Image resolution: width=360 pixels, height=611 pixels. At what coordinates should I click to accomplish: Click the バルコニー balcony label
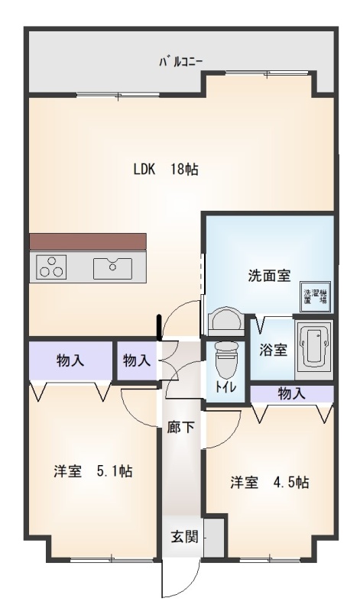[x=180, y=62]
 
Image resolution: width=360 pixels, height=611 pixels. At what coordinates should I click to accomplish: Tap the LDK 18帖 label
[x=166, y=170]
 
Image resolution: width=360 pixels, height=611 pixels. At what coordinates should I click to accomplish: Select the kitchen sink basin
[x=112, y=268]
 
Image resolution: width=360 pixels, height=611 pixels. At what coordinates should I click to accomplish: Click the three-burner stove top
[x=51, y=267]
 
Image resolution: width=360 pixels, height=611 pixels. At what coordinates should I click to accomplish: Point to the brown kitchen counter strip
[x=88, y=241]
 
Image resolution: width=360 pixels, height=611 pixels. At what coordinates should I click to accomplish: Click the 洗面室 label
[x=269, y=276]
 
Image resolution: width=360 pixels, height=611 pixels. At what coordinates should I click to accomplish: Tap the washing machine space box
[x=316, y=296]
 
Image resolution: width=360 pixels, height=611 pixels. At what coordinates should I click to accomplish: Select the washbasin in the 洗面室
[x=225, y=321]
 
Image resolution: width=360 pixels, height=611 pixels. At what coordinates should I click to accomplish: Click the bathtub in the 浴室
[x=313, y=344]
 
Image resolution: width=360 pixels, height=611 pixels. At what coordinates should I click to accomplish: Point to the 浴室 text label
[x=274, y=350]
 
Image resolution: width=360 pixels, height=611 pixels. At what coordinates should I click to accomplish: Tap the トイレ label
[x=224, y=387]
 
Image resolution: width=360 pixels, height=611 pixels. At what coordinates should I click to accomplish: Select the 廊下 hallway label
[x=181, y=428]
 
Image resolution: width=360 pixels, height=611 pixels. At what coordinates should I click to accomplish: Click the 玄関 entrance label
[x=184, y=538]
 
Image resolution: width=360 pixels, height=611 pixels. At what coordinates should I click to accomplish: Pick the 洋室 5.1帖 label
[x=93, y=471]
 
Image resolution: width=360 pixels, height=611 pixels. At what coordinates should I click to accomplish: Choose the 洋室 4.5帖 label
[x=270, y=483]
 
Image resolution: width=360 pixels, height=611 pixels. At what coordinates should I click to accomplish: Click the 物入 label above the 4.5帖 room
[x=291, y=394]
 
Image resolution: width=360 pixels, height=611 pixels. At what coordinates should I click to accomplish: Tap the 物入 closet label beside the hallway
[x=137, y=360]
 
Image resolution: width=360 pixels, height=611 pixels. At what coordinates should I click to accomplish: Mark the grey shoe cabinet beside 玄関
[x=215, y=538]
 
